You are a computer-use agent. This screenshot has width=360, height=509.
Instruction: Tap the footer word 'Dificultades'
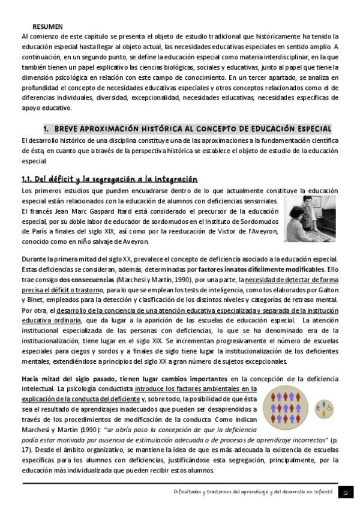(186, 492)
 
